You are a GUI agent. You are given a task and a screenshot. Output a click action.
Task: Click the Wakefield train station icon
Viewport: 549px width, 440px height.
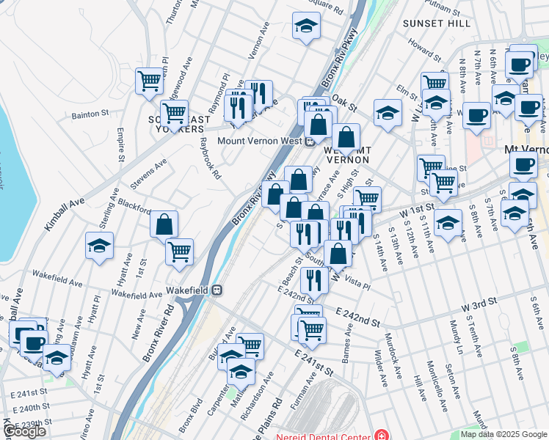point(217,290)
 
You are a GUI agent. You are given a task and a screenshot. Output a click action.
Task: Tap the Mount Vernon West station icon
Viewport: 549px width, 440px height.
point(310,142)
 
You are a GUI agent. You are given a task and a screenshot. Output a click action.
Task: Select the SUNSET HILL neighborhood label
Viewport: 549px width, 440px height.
point(437,23)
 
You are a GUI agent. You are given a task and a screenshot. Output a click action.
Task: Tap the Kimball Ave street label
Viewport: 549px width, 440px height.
point(64,213)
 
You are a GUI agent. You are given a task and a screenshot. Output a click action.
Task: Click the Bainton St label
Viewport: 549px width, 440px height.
point(90,114)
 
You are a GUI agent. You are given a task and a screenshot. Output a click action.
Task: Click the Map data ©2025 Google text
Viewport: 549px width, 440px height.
point(503,434)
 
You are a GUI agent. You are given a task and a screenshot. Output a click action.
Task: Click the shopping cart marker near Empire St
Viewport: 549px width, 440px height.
point(150,80)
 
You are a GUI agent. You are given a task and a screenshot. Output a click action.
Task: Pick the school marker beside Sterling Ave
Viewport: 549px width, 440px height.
point(100,245)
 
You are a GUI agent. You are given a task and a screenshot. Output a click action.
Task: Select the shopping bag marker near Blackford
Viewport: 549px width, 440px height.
point(164,224)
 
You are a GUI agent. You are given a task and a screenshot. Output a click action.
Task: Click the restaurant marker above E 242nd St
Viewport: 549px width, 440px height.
point(314,279)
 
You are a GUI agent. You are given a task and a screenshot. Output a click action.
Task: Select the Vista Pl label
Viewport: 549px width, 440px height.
point(359,284)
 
